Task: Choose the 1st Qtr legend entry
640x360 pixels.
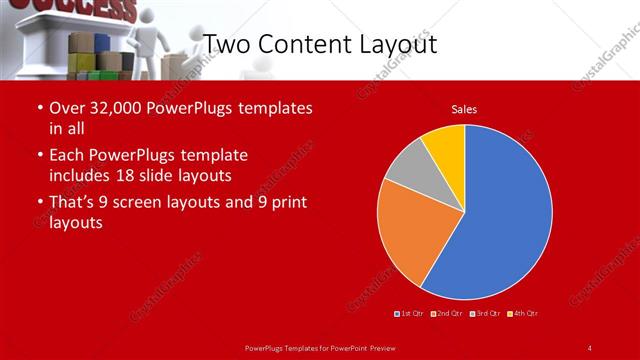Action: point(410,314)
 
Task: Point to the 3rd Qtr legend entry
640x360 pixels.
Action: point(484,314)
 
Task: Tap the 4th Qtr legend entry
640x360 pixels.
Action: point(523,314)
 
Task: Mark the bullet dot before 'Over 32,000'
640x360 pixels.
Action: point(39,108)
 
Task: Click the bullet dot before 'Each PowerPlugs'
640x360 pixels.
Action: point(39,156)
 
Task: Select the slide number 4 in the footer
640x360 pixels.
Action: point(589,347)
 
